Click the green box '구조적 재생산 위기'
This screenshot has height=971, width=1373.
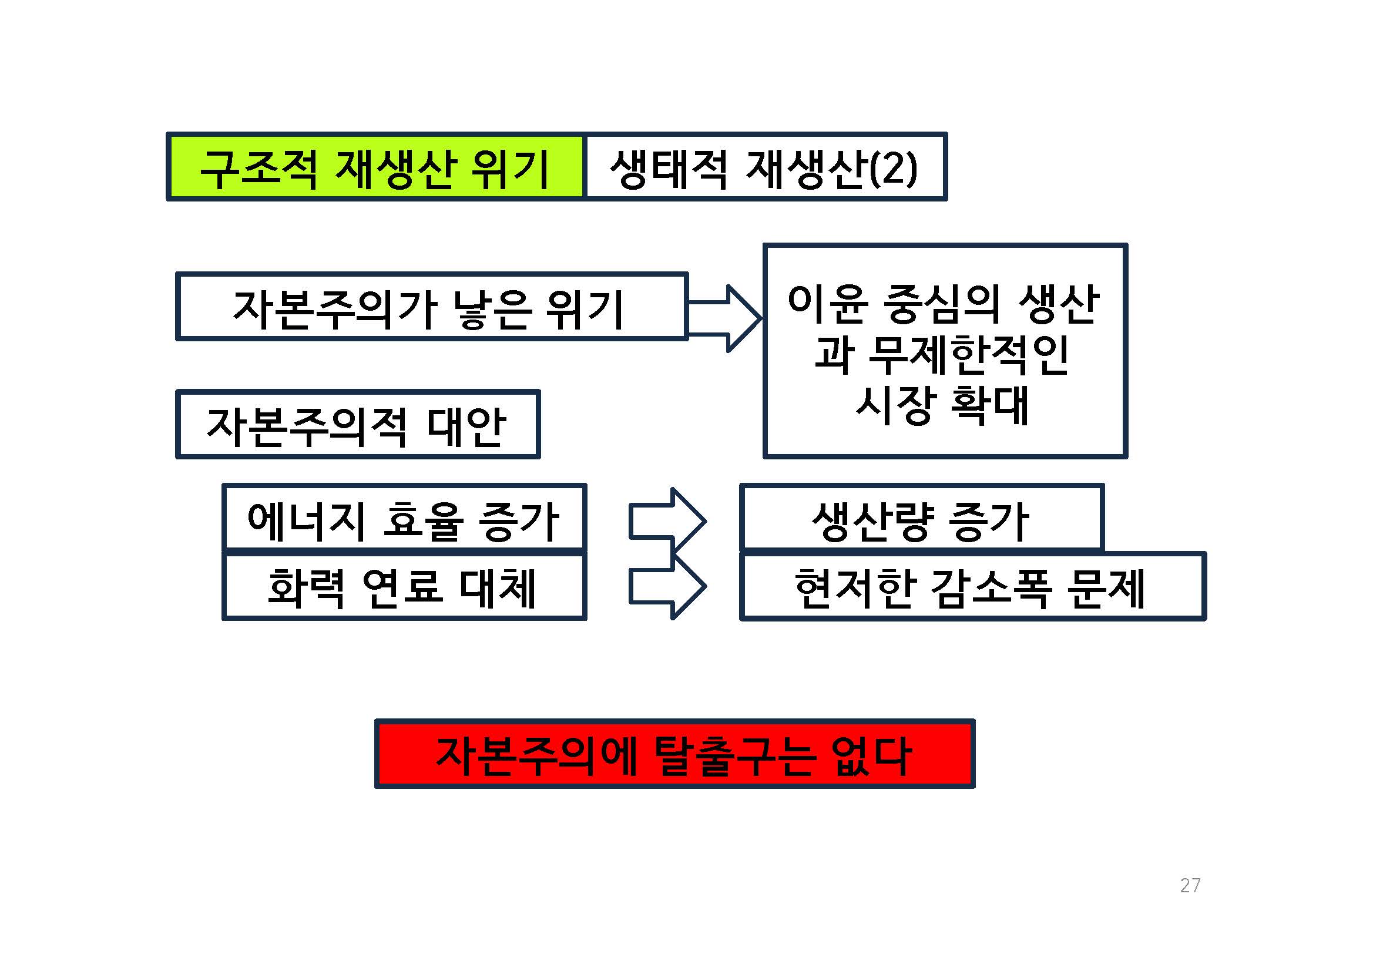375,167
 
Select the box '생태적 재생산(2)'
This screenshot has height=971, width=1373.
764,167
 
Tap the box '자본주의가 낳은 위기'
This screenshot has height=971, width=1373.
431,307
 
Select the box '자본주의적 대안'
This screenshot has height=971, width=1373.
357,425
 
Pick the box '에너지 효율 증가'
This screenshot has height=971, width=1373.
404,518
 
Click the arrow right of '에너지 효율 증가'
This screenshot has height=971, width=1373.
668,521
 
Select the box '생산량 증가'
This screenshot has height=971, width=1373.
921,518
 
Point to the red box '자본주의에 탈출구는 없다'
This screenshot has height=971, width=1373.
674,755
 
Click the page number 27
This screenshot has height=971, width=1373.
1190,885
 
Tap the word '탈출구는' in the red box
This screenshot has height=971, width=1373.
735,756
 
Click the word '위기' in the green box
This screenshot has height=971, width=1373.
510,169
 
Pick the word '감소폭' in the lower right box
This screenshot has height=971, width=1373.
991,589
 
